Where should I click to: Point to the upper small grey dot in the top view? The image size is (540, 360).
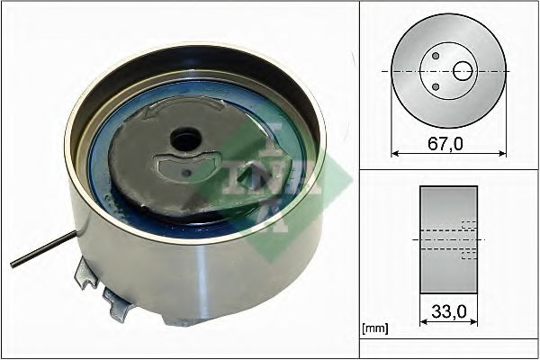436,56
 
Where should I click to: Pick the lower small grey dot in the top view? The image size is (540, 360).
436,86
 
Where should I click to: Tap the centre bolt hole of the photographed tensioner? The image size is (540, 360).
186,140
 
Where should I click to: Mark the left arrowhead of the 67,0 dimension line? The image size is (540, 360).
393,153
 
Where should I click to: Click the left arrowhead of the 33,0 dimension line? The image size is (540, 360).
422,324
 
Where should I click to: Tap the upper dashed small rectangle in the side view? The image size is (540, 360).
468,225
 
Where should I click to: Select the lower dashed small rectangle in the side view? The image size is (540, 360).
468,256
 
